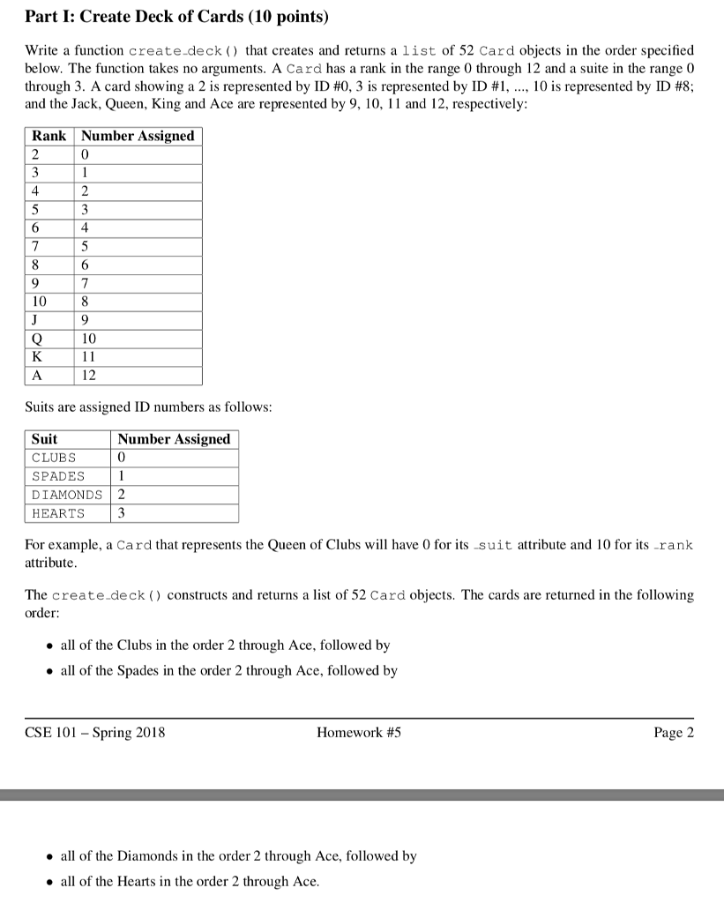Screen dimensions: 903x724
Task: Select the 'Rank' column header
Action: pos(49,136)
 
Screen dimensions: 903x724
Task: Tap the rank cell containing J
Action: pos(37,320)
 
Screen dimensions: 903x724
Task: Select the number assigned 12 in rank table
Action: pos(90,376)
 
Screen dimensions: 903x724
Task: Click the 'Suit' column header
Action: pos(44,439)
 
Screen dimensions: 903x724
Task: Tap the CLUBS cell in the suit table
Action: pos(54,458)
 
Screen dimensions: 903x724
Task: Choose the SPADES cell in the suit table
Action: pos(58,476)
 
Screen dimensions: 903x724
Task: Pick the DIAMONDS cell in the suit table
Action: pos(67,495)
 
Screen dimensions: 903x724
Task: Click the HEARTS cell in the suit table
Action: pos(58,513)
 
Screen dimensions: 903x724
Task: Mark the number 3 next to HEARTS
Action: pos(122,513)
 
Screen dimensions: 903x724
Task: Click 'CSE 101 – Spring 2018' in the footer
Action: pos(95,733)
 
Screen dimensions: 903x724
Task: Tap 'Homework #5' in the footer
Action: pos(359,733)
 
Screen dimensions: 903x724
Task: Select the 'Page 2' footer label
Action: pos(674,733)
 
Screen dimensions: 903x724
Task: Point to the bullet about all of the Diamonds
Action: pos(238,855)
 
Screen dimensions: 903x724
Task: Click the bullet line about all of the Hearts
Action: pos(190,881)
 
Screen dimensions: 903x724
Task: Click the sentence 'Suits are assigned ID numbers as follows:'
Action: pos(148,407)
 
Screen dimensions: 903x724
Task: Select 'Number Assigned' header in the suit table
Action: pos(174,439)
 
